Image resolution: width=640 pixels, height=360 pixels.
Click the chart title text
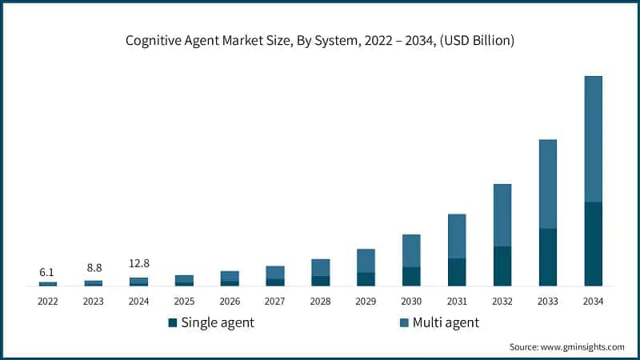pos(320,41)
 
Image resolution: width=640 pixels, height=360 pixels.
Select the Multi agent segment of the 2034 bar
pos(593,139)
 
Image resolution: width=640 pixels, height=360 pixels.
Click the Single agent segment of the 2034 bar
pos(593,244)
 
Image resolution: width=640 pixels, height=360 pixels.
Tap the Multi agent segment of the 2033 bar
pos(547,184)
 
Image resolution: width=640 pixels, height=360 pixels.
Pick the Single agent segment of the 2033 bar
pos(547,257)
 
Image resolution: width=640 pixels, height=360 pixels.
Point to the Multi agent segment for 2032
pos(502,215)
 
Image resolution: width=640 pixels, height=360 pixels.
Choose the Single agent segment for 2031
pos(457,272)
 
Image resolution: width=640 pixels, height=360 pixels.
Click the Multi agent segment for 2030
pos(411,250)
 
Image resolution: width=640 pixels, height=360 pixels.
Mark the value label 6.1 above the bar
pos(48,272)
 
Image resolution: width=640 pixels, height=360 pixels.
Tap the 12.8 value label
pos(139,264)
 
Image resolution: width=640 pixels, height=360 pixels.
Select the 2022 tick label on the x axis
pos(48,302)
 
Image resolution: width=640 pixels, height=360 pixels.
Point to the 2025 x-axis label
pos(184,302)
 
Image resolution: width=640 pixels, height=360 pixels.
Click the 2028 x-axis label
pos(320,302)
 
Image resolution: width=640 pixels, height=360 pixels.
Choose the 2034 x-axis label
pos(593,302)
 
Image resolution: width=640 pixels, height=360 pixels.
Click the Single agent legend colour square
pos(172,322)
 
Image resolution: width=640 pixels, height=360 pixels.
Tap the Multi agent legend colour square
pos(404,322)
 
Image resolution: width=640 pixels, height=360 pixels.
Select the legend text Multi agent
pos(446,322)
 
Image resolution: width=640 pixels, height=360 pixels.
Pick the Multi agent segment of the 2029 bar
pos(366,261)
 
